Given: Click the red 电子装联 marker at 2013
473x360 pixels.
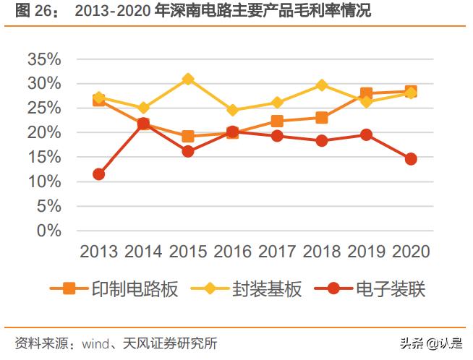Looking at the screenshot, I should click(x=98, y=174).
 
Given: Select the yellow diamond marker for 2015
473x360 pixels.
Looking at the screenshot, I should click(x=188, y=79).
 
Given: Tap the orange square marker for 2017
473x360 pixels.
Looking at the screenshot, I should click(x=277, y=121).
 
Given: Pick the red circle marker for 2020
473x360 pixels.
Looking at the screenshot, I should click(x=411, y=159).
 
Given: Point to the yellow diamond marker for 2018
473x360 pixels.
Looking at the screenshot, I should click(x=321, y=85).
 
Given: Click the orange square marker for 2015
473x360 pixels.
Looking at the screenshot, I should click(x=188, y=136).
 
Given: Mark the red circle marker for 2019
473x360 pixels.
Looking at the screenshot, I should click(x=366, y=134).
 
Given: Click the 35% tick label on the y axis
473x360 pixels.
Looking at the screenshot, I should click(x=44, y=59).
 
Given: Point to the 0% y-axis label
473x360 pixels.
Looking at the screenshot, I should click(x=50, y=231).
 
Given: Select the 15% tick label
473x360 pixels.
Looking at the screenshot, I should click(x=44, y=158).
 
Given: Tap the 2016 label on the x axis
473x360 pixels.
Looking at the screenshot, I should click(x=232, y=251).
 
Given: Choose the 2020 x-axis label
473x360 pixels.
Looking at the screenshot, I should click(x=411, y=251).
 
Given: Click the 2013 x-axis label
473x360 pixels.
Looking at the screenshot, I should click(x=98, y=251).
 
